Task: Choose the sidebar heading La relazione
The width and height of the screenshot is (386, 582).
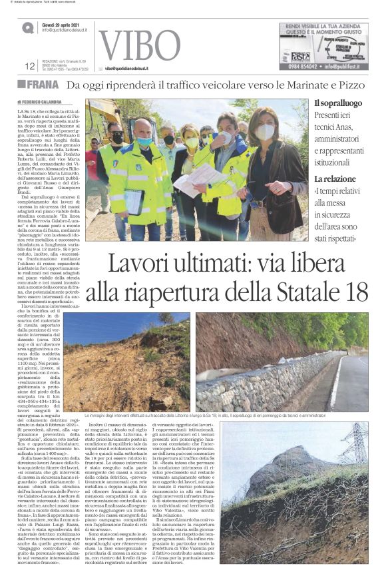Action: [353, 179]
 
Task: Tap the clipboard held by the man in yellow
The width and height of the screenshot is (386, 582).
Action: [134, 200]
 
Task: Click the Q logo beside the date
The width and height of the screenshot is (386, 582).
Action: [27, 28]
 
